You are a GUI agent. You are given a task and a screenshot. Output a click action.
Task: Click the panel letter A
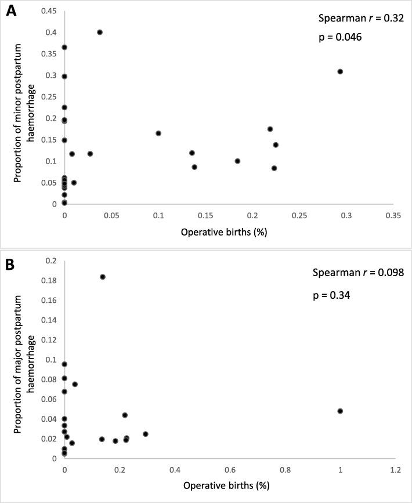[10, 11]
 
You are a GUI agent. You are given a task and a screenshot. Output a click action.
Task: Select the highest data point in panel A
[100, 32]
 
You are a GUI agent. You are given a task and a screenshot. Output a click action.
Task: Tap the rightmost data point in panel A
[340, 71]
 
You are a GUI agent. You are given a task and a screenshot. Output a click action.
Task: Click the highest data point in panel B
[103, 277]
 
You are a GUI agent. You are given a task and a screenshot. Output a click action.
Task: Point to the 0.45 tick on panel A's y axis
[50, 10]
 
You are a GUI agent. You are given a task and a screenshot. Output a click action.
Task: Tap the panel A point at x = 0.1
[158, 133]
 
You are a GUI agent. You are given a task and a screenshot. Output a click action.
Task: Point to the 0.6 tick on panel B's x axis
[230, 469]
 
